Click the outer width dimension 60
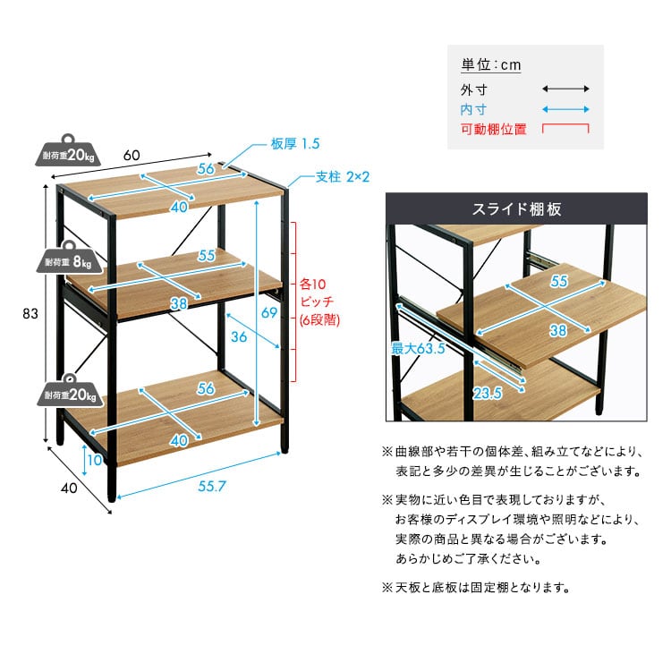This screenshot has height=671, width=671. [132, 154]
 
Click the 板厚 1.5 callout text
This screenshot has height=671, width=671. [295, 143]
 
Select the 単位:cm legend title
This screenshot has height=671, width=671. [491, 65]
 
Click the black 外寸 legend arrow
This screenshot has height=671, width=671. [565, 89]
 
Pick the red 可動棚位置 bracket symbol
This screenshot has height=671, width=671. [565, 128]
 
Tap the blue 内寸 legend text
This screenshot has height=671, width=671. [473, 109]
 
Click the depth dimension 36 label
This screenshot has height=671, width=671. [239, 336]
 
